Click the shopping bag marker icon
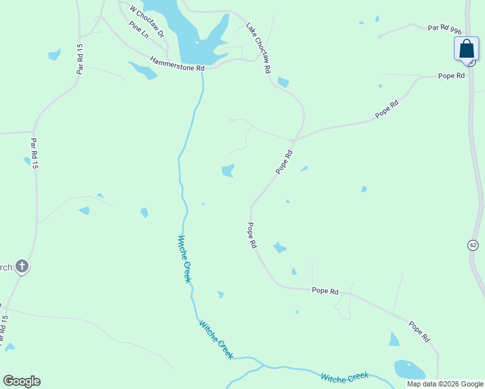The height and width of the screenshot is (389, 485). pos(466,49)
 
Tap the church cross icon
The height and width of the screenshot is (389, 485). pos(21,266)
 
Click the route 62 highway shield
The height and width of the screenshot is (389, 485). pos(473,244)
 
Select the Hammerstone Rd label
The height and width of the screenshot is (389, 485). pos(177,64)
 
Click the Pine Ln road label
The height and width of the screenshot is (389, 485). pos(139,30)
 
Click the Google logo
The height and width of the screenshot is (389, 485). pos(21,381)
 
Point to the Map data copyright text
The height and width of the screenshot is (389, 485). pos(445,384)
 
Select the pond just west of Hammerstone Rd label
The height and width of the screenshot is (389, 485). pos(143,70)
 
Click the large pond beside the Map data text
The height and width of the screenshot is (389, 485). pos(408,370)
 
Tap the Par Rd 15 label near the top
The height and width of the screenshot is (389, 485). pos(80,58)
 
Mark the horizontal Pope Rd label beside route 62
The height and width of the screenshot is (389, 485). pos(451,76)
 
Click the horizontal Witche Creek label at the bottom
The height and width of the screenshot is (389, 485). pos(344,376)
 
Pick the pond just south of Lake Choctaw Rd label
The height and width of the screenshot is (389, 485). pos(283,82)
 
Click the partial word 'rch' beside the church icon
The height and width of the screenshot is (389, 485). pos(6,266)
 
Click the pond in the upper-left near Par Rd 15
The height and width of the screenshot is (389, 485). pos(54,55)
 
